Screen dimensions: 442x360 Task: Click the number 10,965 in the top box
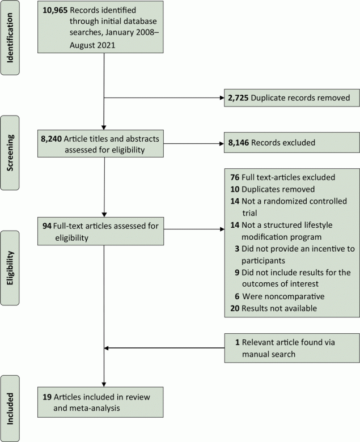[55, 11]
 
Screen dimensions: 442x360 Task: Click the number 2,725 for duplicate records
[236, 98]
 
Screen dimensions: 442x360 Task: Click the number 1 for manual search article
[238, 343]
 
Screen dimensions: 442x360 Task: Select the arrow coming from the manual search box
[164, 348]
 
